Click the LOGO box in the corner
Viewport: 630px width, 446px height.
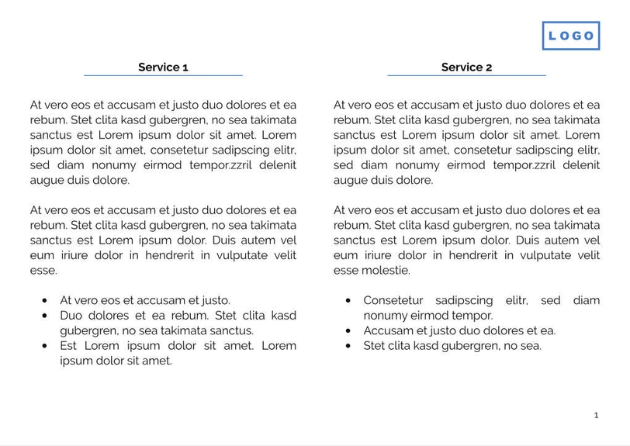[571, 36]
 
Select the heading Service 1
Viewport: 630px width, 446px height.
[163, 67]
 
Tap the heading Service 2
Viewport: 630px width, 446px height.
[466, 67]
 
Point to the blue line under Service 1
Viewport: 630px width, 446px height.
[163, 75]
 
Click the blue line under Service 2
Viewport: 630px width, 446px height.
[466, 75]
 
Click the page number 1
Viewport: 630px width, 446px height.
[596, 415]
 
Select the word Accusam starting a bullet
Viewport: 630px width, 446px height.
[387, 330]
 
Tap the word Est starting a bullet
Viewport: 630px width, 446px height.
[69, 346]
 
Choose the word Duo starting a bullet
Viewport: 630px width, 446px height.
[71, 316]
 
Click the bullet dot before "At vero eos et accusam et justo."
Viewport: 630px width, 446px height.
[45, 300]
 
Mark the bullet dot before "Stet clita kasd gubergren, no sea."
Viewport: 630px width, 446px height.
[348, 346]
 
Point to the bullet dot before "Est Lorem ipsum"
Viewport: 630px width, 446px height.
[45, 346]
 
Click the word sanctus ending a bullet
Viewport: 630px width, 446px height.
[232, 330]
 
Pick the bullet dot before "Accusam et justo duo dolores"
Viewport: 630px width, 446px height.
[348, 330]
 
